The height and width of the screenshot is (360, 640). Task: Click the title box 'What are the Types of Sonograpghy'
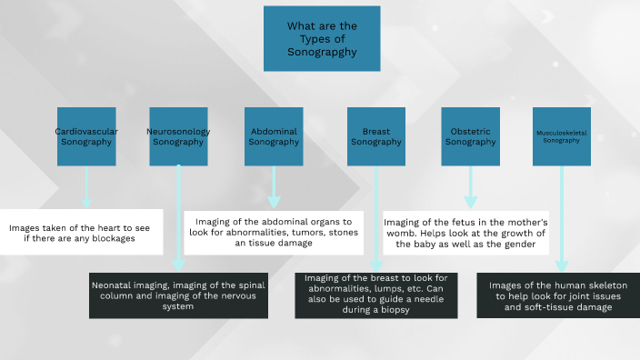pos(321,39)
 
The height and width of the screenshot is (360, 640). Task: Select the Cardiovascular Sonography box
pos(86,136)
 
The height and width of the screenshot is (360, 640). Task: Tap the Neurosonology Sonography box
pos(178,136)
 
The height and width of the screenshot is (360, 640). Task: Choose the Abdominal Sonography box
pos(274,136)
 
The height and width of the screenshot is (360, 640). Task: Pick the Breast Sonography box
pos(375,136)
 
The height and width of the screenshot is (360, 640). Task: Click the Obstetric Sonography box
pos(470,136)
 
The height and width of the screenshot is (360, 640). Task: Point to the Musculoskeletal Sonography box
pos(561,136)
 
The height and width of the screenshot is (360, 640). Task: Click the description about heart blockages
pos(82,232)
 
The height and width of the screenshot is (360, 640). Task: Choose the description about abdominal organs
pos(274,232)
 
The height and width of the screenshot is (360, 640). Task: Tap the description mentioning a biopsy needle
pos(376,294)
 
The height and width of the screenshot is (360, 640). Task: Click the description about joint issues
pos(561,295)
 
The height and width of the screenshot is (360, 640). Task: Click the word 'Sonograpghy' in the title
pos(321,53)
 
